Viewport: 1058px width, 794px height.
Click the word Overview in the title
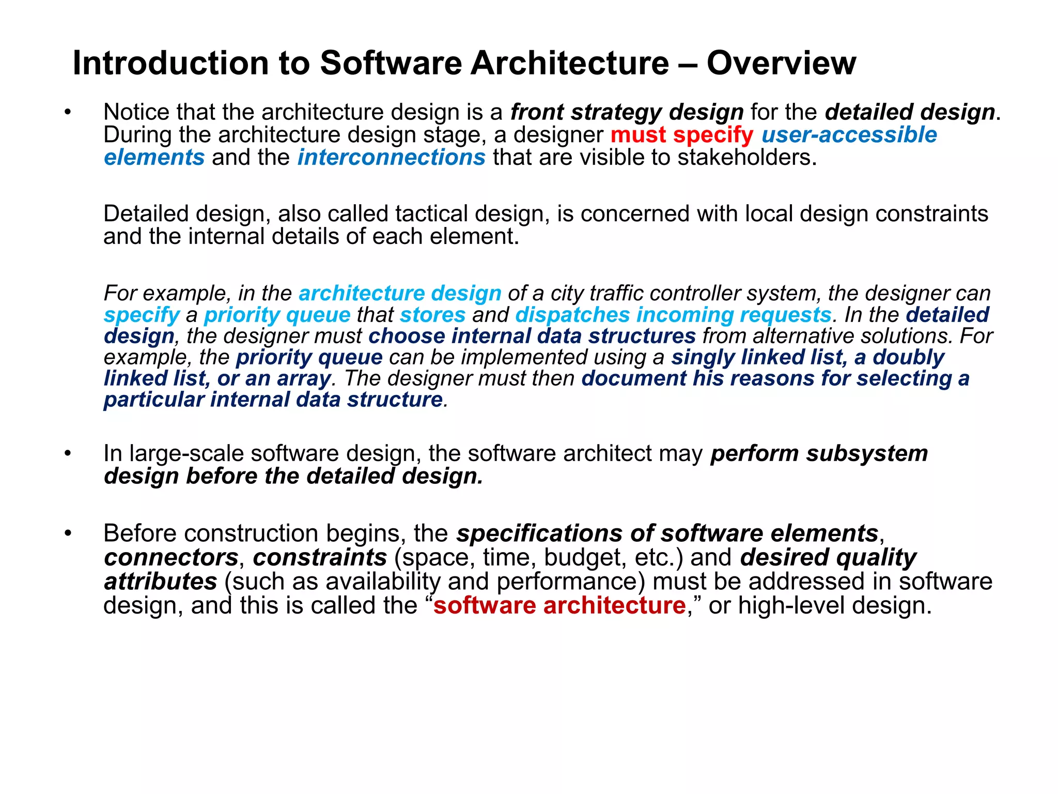click(x=781, y=63)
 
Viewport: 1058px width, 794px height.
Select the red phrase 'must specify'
click(x=681, y=135)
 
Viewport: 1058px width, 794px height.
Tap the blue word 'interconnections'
click(x=391, y=158)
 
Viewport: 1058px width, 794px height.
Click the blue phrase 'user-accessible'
click(x=849, y=135)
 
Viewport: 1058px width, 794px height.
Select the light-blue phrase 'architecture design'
click(x=400, y=293)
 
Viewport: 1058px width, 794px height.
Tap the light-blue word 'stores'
click(x=432, y=315)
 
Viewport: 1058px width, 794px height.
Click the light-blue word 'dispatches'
click(x=572, y=315)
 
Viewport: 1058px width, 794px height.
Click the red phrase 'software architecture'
click(x=559, y=605)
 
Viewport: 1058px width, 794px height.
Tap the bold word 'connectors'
click(x=171, y=557)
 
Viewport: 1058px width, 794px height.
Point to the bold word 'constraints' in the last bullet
click(x=320, y=557)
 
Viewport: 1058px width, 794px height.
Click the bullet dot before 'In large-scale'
click(x=68, y=453)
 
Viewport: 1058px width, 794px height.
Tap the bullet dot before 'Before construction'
click(x=68, y=533)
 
